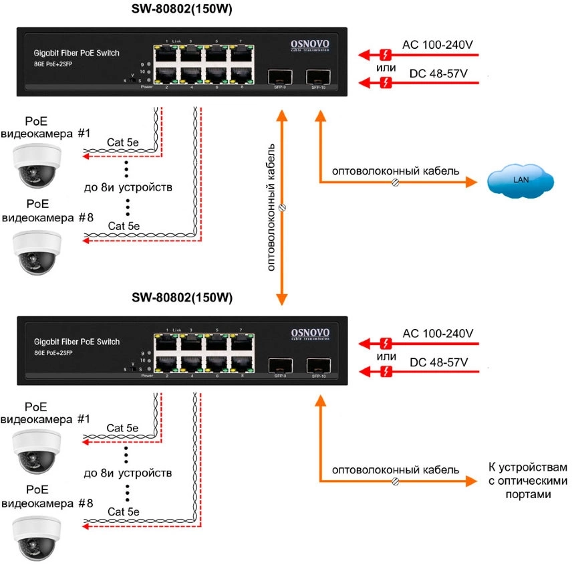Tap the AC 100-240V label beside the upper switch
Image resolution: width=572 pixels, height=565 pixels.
coord(438,45)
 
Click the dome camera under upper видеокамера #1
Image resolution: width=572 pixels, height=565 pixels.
coord(37,165)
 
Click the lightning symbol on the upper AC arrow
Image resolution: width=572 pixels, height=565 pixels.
coord(386,53)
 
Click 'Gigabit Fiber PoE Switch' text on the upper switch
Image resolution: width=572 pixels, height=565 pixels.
coord(76,52)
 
